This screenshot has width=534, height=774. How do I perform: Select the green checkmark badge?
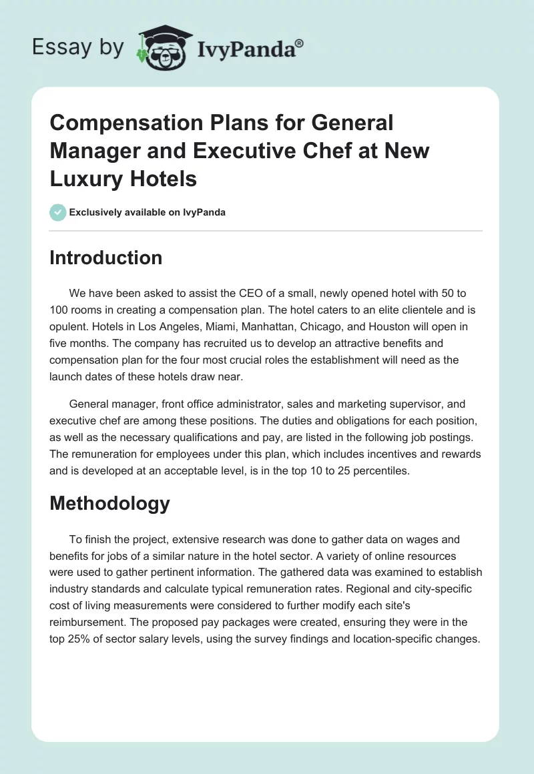click(x=57, y=212)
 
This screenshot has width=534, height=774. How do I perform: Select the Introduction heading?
click(x=105, y=258)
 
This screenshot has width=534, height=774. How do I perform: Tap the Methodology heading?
click(x=109, y=503)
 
